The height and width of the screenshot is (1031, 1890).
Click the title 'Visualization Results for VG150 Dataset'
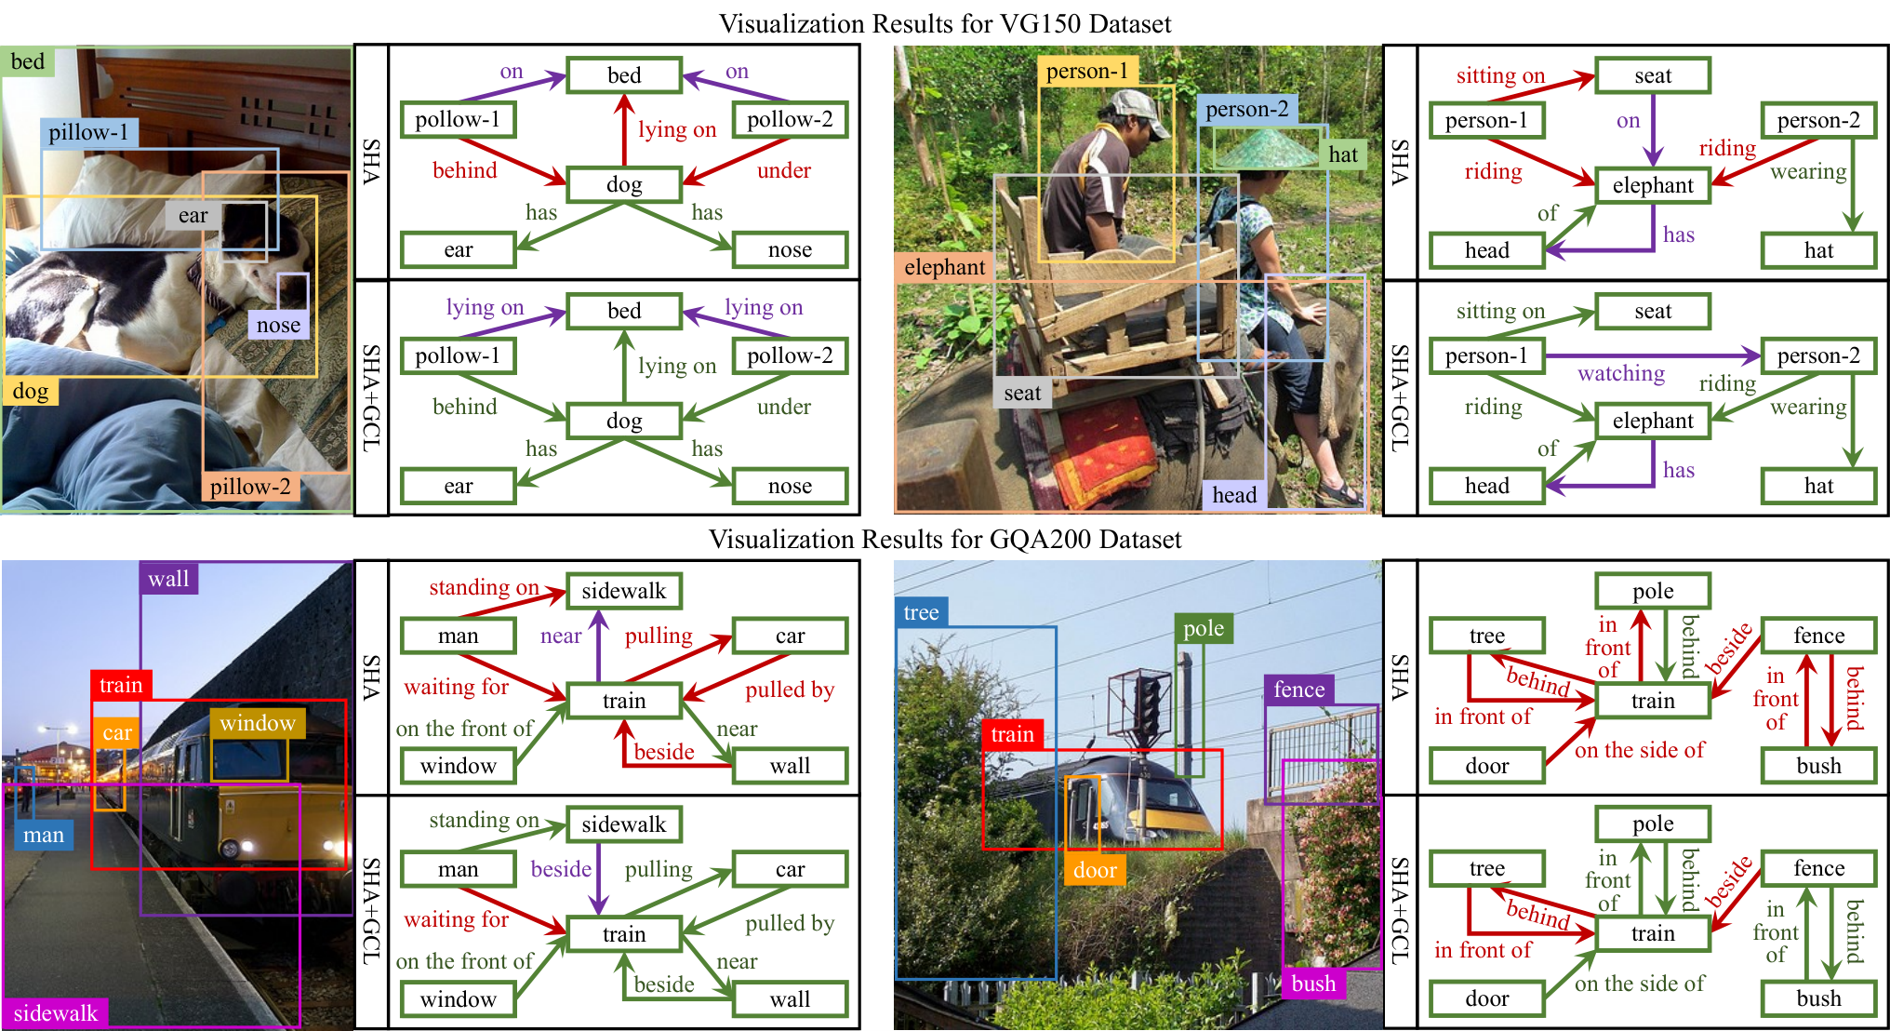945,23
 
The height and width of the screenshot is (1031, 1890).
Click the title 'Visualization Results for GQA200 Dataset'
945,539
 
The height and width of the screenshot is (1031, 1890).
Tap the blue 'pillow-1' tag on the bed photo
89,132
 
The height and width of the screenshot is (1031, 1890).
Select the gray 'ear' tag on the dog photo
193,216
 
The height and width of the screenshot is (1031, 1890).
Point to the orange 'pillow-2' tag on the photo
250,487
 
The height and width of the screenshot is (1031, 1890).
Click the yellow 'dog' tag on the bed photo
30,391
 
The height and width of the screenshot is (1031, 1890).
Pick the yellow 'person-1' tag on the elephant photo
1086,72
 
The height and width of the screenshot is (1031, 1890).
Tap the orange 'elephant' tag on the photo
944,267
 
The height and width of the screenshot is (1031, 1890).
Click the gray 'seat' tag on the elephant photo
1022,394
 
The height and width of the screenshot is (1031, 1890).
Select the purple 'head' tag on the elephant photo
1234,495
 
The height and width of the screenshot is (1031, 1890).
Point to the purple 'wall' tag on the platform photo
168,579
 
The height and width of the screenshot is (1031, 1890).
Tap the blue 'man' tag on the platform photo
44,835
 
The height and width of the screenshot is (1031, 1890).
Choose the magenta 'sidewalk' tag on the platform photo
55,1012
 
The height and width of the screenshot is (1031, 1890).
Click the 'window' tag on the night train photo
258,723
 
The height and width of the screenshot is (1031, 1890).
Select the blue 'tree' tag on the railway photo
921,612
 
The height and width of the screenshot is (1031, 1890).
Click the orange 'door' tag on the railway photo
1095,870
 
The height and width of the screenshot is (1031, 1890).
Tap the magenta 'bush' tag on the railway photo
1313,984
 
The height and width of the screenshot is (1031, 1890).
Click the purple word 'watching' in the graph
1621,373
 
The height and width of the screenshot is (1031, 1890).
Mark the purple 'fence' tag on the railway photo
1298,690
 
